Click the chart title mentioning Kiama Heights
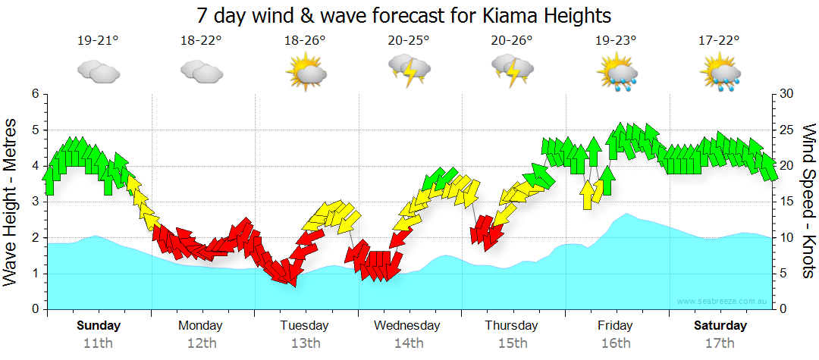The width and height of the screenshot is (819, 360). (403, 15)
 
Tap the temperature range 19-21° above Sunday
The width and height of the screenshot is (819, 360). (98, 41)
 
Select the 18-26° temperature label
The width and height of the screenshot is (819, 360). (305, 41)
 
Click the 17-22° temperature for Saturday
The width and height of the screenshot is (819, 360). (719, 41)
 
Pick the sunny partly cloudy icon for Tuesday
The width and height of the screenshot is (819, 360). (305, 74)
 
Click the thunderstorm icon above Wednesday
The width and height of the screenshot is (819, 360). (409, 70)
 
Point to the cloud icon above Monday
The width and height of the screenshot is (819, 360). (201, 71)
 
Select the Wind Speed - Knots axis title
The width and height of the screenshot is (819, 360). (808, 202)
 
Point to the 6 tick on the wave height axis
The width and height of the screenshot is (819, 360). (34, 93)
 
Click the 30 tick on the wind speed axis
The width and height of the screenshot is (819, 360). (787, 93)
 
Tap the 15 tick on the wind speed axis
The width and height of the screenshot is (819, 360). (786, 202)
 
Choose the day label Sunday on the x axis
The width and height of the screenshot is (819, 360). (98, 326)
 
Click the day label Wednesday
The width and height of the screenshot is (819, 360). (407, 326)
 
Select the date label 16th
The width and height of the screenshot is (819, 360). (616, 343)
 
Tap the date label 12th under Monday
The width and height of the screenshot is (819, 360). (201, 343)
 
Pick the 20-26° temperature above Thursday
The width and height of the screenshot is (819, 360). (512, 41)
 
